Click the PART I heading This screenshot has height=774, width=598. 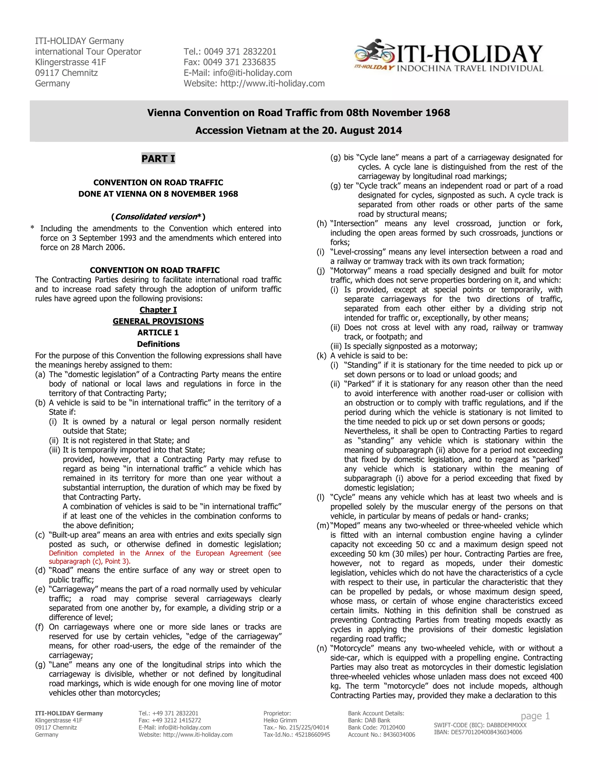158,158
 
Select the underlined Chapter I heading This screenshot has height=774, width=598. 158,310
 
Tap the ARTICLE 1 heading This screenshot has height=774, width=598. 158,332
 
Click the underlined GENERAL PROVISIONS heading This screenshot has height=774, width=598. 158,321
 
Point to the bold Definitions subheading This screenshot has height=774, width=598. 158,344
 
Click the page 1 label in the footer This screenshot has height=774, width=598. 535,716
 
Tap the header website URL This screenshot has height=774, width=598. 272,84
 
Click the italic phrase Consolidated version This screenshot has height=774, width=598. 156,216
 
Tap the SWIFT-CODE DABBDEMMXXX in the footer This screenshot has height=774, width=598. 480,725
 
